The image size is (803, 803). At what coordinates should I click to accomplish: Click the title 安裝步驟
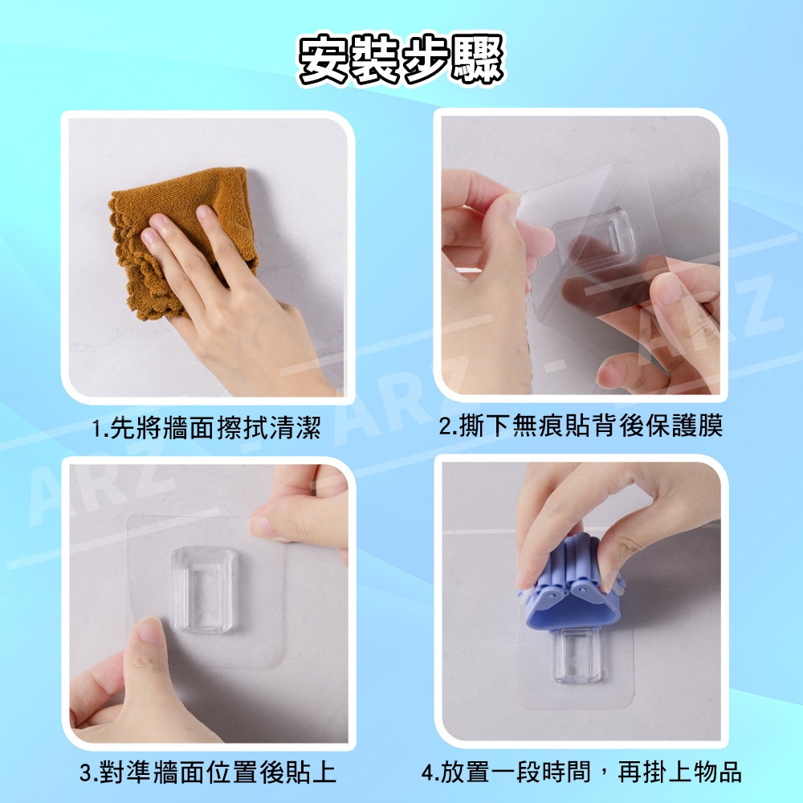401,59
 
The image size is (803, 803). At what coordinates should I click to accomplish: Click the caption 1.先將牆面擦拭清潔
206,428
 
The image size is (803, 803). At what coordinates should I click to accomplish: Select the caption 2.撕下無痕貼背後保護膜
581,426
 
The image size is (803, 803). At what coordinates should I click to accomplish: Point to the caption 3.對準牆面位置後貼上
208,772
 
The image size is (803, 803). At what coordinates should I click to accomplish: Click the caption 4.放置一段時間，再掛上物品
581,772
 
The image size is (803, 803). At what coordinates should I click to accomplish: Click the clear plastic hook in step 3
205,589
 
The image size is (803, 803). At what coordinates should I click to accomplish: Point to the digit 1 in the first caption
97,429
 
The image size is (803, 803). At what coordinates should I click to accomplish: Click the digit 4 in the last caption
428,773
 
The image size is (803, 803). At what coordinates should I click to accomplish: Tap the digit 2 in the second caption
445,427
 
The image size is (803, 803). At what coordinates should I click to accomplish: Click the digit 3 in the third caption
86,773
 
